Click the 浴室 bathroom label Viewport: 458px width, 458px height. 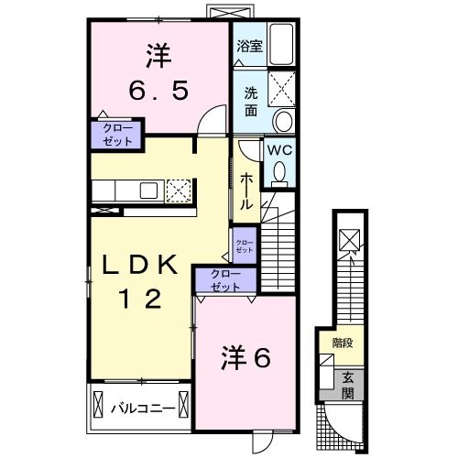250,46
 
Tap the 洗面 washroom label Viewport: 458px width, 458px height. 250,100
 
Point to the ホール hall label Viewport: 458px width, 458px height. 246,193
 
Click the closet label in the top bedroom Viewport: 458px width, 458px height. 116,134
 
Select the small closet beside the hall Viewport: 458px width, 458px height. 244,245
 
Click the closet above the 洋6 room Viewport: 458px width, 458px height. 221,279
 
